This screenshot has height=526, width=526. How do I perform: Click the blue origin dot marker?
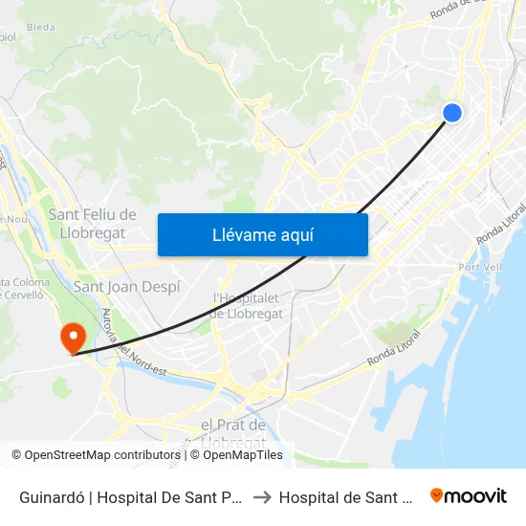click(452, 113)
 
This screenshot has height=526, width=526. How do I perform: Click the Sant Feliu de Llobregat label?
click(92, 224)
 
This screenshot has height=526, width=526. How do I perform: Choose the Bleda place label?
click(41, 28)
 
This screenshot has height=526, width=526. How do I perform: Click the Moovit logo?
click(469, 495)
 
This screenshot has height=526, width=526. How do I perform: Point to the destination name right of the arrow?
click(344, 496)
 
